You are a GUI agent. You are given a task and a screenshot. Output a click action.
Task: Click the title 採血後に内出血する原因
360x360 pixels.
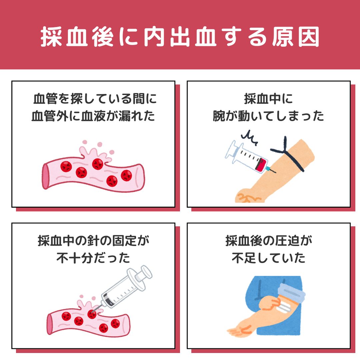[x=180, y=37]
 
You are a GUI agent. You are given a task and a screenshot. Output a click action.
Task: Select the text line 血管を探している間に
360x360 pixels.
[x=95, y=99]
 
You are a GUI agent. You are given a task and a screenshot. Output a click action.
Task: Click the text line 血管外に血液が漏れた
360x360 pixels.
[x=93, y=116]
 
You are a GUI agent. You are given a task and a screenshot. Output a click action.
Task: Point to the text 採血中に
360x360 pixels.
[x=268, y=99]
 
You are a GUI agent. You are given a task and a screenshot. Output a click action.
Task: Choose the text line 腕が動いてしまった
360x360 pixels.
[x=268, y=116]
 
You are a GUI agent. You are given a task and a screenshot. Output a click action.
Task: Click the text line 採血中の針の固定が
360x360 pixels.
[x=93, y=241]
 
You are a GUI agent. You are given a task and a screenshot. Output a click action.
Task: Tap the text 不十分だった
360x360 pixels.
[x=93, y=258]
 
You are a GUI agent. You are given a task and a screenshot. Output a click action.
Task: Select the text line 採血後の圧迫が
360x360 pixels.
[x=269, y=241]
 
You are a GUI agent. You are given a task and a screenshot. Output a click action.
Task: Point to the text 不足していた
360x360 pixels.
[x=268, y=258]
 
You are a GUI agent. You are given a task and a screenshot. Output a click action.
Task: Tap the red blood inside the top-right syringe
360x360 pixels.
[x=262, y=165]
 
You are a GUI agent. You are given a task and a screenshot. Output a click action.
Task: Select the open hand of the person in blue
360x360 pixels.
[x=239, y=331]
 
